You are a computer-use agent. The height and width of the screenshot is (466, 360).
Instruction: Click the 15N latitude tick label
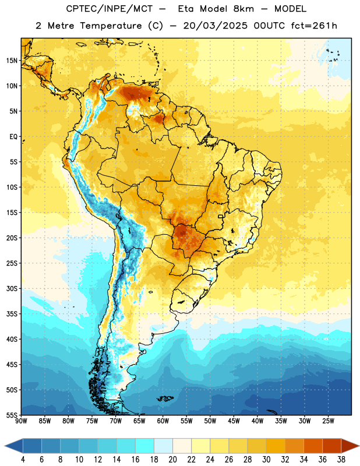(x=12, y=61)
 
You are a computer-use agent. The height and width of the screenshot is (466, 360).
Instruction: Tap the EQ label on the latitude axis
(x=13, y=137)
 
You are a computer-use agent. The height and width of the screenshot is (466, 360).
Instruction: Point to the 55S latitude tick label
(x=12, y=415)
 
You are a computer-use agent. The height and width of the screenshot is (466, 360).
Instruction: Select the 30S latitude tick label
(x=12, y=288)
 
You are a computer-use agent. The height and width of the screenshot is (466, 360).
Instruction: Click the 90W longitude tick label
(x=21, y=421)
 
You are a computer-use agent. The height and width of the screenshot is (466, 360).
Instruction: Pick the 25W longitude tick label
(x=328, y=421)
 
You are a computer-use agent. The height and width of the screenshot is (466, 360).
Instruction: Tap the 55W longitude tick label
(x=186, y=421)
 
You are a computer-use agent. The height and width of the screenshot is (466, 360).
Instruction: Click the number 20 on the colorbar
(x=172, y=460)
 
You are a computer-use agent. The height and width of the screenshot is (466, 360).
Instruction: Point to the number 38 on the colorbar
(x=341, y=460)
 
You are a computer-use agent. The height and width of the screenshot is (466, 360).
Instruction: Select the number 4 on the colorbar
(x=23, y=460)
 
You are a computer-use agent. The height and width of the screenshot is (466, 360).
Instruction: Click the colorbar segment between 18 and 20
(x=164, y=446)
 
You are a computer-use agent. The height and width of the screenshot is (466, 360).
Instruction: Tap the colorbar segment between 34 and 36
(x=313, y=446)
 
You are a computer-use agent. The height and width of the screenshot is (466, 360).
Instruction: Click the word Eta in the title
(x=186, y=9)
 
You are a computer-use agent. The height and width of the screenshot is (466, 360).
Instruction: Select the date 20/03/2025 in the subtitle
(x=215, y=26)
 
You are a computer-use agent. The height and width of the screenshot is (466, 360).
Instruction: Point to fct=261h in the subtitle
(x=314, y=26)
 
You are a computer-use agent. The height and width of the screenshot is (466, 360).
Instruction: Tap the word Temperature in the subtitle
(x=111, y=26)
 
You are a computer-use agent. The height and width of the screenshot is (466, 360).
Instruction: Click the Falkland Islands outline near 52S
(x=165, y=398)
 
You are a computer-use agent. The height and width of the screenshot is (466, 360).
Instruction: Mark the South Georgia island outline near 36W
(x=272, y=412)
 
